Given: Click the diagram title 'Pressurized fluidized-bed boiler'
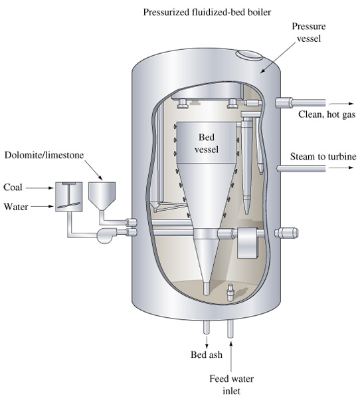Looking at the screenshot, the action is [x=207, y=12].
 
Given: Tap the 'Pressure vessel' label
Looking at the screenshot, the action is [x=309, y=33].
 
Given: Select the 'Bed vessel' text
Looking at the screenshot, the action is [x=207, y=143].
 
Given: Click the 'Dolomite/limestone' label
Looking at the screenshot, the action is [x=44, y=155].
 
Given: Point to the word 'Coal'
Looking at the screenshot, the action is [x=13, y=188].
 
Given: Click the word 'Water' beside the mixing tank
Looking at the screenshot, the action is [x=16, y=207].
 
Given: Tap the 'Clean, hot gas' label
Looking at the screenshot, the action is [x=327, y=114].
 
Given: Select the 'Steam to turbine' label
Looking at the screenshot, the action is [x=323, y=156].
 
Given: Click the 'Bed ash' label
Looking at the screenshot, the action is [x=207, y=354].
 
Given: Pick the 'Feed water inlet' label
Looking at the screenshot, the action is [x=231, y=384].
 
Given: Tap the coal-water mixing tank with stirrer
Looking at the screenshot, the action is [x=69, y=197].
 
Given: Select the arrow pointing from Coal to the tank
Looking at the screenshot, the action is [x=39, y=188].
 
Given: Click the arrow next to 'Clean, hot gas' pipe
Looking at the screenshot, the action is [x=341, y=104].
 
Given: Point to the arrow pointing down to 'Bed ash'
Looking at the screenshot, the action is [x=207, y=342].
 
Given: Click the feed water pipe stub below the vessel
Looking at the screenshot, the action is [x=230, y=329].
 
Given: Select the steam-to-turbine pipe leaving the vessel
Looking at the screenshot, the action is [x=302, y=168].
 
